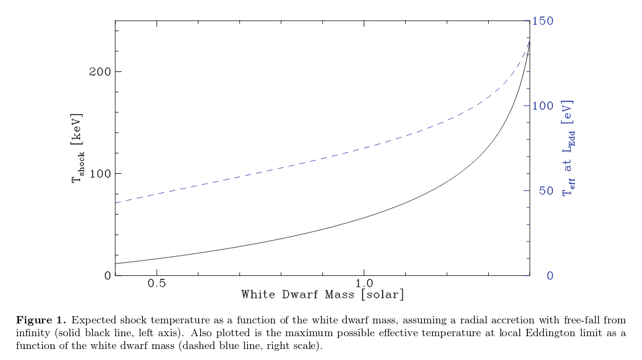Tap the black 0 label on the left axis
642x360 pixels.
(x=108, y=276)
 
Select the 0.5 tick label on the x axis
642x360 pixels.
(x=157, y=284)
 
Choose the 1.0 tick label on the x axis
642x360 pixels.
(x=364, y=284)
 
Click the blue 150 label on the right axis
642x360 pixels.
(x=543, y=21)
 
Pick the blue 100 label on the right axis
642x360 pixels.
(x=543, y=106)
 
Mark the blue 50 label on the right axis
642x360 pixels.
(x=540, y=191)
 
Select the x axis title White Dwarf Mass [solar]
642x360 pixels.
(x=322, y=295)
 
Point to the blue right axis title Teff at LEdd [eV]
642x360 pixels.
(x=568, y=148)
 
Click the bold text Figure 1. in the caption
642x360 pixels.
(x=41, y=320)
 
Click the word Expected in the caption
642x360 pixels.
(x=92, y=320)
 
